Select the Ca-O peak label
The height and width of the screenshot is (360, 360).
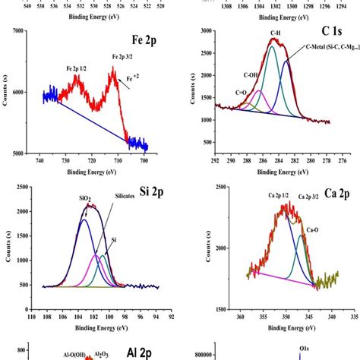[312, 228]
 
